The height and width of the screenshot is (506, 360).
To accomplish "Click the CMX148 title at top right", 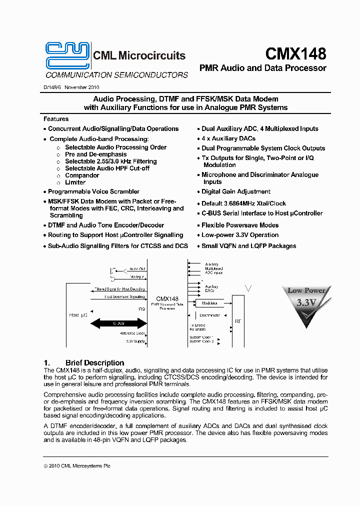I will click(295, 53).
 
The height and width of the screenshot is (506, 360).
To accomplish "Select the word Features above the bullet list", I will click(56, 119).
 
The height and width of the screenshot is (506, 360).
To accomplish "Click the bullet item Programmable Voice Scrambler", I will click(93, 191).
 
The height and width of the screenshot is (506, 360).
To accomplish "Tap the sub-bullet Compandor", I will click(82, 175).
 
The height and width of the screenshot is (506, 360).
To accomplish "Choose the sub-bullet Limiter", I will click(75, 182).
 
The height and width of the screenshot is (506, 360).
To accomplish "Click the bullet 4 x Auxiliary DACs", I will click(228, 138).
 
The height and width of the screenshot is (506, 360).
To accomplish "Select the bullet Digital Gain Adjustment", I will click(236, 191).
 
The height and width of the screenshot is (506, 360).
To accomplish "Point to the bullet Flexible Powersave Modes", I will click(240, 225).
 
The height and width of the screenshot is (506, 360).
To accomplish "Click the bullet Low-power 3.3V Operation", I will click(240, 235).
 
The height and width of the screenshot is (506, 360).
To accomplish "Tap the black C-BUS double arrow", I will click(117, 323).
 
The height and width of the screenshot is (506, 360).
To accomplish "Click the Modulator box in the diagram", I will click(209, 303).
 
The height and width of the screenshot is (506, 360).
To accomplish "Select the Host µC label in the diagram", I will click(78, 315).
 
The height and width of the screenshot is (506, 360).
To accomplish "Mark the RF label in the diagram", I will click(237, 321).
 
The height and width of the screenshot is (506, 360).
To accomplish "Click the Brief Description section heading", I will click(94, 363).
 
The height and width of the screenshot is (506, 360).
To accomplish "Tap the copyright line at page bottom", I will click(77, 465).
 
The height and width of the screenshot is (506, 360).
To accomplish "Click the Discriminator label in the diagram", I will click(209, 315).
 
